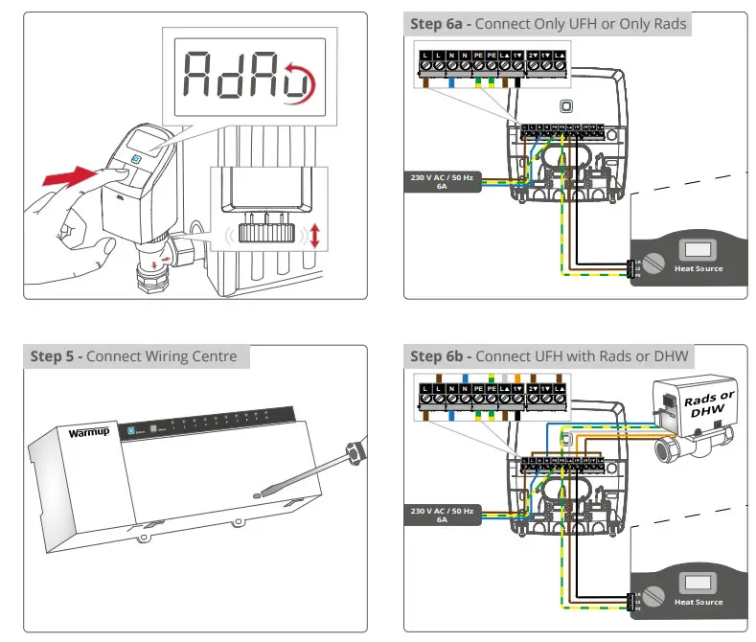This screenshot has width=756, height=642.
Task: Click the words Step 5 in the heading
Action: click(56, 356)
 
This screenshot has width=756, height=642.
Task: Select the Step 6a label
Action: click(440, 23)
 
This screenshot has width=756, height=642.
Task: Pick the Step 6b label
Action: click(440, 356)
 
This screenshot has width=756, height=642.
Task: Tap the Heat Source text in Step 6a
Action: click(698, 269)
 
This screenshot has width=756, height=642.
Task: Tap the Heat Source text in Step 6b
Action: click(698, 602)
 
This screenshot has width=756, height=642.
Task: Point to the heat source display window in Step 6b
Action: click(698, 582)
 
